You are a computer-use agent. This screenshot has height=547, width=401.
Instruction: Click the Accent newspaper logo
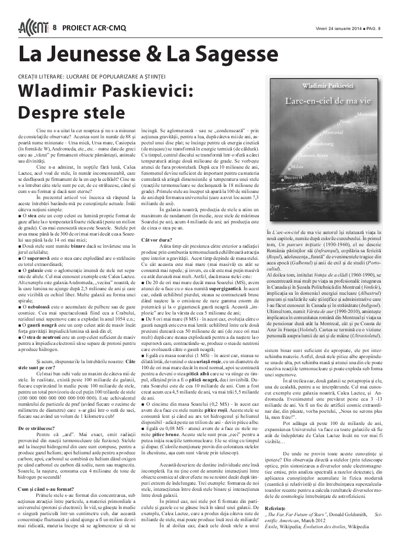[x=32, y=28]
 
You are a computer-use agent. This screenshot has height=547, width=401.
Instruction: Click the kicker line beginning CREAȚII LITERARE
[x=92, y=76]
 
